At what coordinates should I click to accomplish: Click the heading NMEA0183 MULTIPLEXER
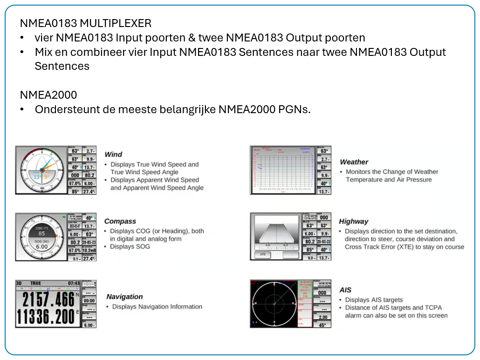click(85, 23)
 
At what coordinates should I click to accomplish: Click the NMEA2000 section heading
click(48, 95)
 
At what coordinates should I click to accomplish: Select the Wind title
click(113, 155)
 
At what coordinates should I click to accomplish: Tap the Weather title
click(354, 162)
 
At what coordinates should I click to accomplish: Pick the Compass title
click(120, 221)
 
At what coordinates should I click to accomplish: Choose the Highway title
click(353, 221)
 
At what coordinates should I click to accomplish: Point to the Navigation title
click(124, 297)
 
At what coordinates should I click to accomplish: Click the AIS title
click(345, 290)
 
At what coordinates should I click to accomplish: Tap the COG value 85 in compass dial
click(41, 233)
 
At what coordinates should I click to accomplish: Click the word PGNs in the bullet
click(293, 109)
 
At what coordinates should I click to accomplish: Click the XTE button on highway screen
click(263, 255)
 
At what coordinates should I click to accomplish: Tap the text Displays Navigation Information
click(157, 306)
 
